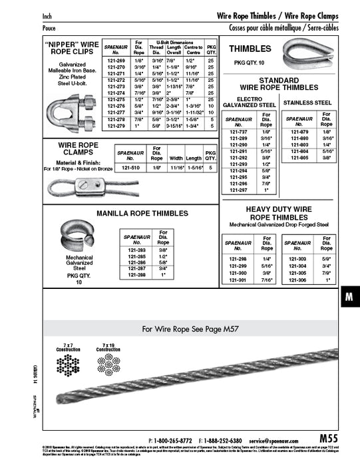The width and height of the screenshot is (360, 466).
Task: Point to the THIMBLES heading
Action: pyautogui.click(x=250, y=49)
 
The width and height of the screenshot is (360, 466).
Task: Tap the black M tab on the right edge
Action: pyautogui.click(x=349, y=298)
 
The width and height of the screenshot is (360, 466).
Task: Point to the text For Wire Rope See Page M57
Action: pyautogui.click(x=190, y=328)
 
